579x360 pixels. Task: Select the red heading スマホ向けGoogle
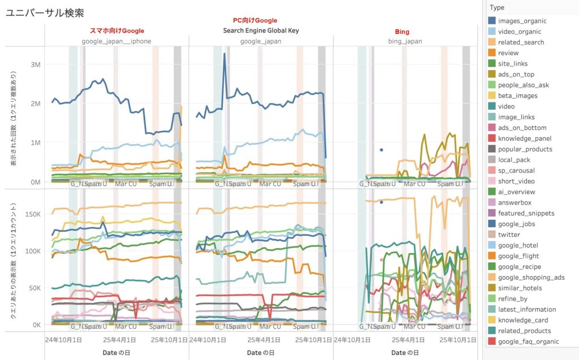[117, 31]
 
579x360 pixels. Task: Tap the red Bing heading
[402, 31]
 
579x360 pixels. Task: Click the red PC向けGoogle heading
[255, 20]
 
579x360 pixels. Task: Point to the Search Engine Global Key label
[261, 31]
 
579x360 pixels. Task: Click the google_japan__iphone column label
[117, 41]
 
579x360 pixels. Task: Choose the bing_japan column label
[405, 41]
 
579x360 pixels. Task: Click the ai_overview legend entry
[512, 192]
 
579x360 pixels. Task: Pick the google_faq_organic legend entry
[521, 341]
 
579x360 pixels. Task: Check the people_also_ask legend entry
[515, 85]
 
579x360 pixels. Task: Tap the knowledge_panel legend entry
[516, 138]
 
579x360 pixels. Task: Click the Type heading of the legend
[498, 7]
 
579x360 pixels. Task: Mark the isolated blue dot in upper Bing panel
[382, 150]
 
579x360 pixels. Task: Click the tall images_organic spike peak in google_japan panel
[224, 54]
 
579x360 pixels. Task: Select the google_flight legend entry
[514, 256]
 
